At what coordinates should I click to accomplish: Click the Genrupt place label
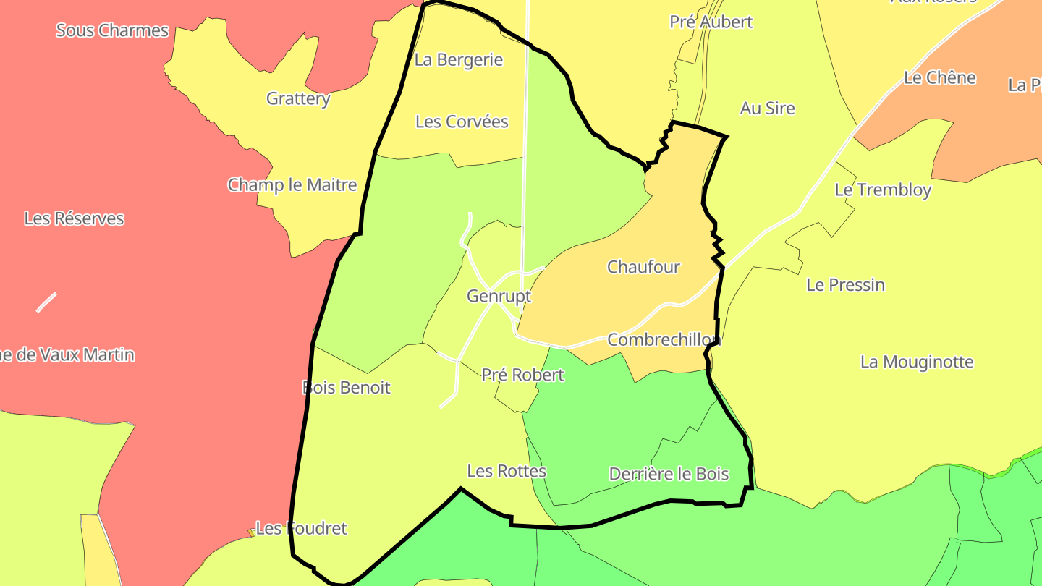tap(499, 296)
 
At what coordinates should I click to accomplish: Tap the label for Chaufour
tap(643, 267)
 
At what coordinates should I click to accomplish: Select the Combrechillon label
tap(664, 339)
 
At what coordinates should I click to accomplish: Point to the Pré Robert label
tap(522, 375)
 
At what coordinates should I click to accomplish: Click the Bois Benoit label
tap(346, 388)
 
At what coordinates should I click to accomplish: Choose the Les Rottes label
tap(507, 471)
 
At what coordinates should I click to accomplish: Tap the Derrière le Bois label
tap(669, 475)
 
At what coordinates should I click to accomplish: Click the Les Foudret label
tap(301, 529)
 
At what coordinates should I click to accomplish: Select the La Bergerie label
tap(458, 60)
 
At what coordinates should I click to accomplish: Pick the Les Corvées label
tap(462, 122)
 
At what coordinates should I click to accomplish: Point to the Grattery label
tap(298, 98)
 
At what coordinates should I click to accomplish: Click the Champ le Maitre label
tap(292, 184)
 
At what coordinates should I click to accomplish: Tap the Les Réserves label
tap(74, 218)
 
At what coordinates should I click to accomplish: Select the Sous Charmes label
tap(112, 30)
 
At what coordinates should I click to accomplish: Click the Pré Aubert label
tap(711, 22)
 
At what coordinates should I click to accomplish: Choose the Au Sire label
tap(767, 109)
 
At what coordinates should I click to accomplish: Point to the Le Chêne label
tap(939, 77)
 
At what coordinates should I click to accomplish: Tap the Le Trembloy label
tap(883, 190)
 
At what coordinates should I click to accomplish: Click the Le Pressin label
tap(845, 285)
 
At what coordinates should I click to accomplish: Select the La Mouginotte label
tap(916, 362)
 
